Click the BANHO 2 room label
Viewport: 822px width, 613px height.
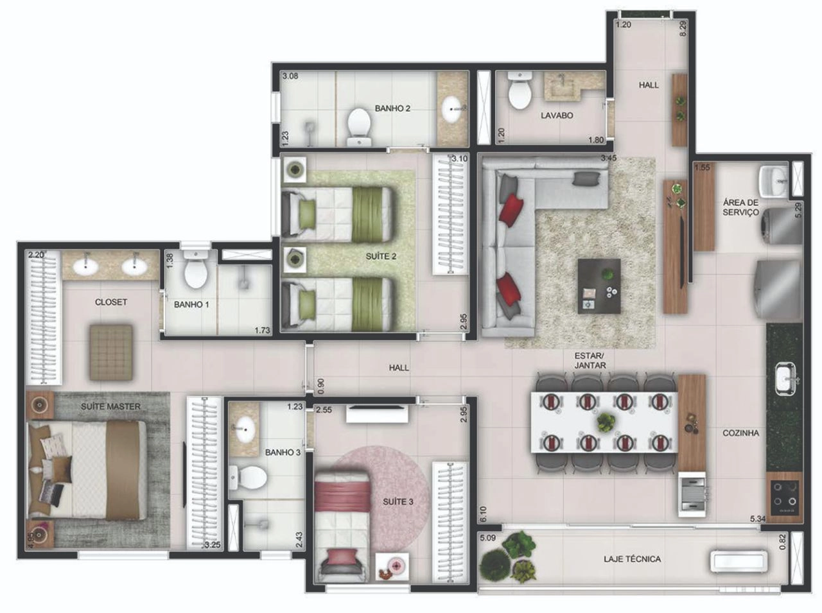point(392,108)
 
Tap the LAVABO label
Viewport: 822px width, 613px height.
point(557,116)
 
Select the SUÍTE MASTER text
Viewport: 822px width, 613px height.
point(111,406)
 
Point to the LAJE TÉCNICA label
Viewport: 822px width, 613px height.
point(632,559)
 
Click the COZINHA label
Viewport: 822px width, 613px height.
point(740,433)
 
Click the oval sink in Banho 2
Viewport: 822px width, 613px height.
point(453,109)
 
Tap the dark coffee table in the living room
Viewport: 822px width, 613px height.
point(599,286)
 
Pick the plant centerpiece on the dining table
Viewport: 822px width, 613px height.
point(605,422)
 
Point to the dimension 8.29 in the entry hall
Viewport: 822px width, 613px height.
point(683,28)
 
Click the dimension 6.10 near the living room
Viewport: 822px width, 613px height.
point(484,514)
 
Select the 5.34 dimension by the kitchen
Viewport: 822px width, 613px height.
point(758,519)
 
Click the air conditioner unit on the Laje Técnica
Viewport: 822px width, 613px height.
point(739,562)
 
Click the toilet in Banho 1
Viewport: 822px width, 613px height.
point(196,269)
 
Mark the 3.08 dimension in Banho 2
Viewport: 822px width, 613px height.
point(290,76)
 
